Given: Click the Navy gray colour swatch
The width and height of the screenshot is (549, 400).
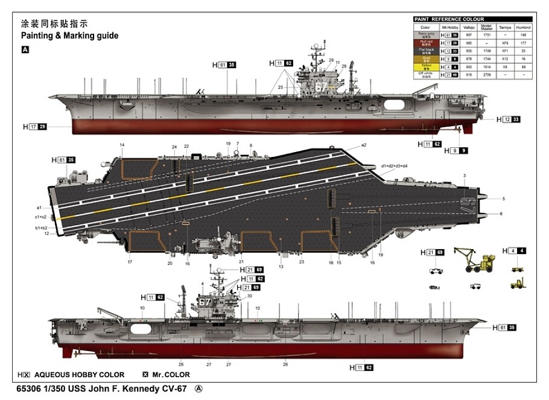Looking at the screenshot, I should [425, 36].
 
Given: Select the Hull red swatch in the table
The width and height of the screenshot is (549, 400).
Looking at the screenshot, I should [425, 43].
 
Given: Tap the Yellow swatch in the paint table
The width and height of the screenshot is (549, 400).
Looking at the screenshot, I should [425, 67].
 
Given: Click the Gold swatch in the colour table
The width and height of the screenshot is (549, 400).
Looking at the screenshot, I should [425, 59].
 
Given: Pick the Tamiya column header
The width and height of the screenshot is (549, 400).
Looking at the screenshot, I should [505, 28].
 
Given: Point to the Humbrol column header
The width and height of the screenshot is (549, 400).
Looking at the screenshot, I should [523, 28].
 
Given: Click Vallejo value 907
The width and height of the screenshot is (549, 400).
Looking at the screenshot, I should [468, 36].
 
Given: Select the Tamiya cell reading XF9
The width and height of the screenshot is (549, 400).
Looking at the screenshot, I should [505, 43].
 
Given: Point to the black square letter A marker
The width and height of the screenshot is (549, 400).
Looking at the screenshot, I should [25, 49].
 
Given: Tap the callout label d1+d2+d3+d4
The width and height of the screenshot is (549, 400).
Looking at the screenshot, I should [394, 166].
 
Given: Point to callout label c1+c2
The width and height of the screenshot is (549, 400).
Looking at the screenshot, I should [40, 217].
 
